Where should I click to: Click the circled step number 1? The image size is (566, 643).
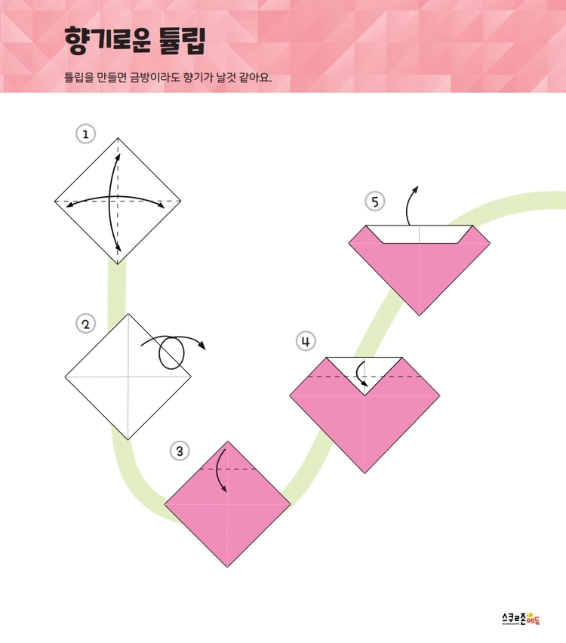coord(86,134)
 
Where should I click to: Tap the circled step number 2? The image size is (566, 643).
coord(86,324)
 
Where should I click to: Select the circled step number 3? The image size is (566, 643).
coord(180,451)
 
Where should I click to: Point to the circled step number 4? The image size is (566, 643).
coord(306,341)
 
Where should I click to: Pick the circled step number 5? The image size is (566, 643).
coord(375,202)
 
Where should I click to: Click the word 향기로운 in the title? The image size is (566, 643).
coord(107,40)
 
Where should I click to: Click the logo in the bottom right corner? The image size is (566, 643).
coord(521,618)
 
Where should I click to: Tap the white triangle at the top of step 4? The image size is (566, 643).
coord(365,369)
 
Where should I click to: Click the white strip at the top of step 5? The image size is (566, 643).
coord(420,234)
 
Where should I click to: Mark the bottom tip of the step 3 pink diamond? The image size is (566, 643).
coord(228,567)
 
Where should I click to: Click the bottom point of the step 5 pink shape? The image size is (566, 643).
coord(419,315)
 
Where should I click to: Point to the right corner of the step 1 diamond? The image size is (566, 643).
coord(181,202)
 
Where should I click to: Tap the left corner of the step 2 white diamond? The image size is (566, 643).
coord(65,377)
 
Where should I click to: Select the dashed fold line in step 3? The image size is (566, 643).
coord(227,469)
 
